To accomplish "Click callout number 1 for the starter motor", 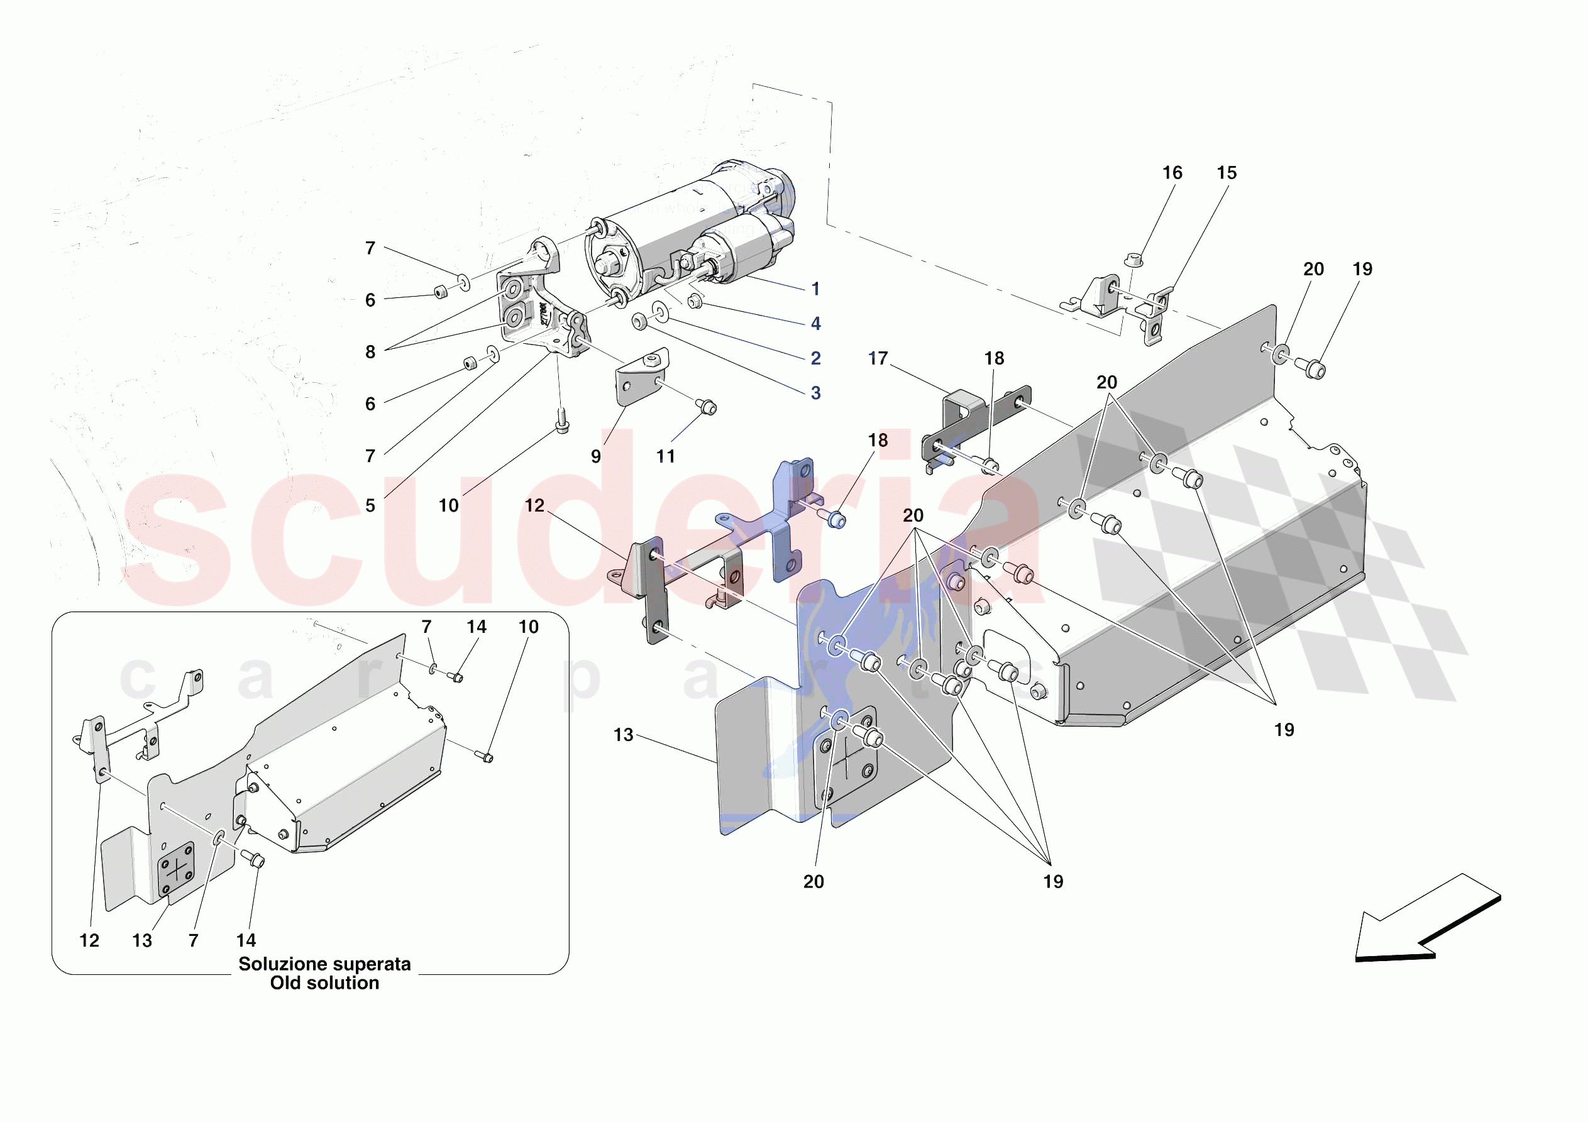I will tap(815, 289).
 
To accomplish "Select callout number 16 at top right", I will tap(1172, 173).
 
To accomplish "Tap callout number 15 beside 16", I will tap(1227, 173).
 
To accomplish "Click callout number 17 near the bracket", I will tap(878, 358).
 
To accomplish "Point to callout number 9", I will tap(595, 456).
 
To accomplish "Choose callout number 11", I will tap(665, 456).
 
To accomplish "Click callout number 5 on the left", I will tap(370, 505).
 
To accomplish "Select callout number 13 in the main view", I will tap(623, 735).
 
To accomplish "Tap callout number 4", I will tap(815, 323).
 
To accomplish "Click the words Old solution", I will tap(324, 983).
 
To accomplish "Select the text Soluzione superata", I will tap(324, 964).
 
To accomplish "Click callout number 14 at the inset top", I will tap(476, 627).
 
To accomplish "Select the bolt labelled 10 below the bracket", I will tap(561, 420).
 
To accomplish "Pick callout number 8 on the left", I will tap(370, 351).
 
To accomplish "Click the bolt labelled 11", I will tap(706, 407).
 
